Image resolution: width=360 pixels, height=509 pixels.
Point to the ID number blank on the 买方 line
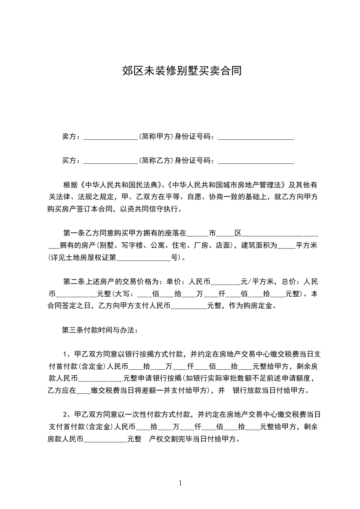(256, 160)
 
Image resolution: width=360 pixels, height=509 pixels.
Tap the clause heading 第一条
(73, 234)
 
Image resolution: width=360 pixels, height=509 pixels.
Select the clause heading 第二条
(73, 282)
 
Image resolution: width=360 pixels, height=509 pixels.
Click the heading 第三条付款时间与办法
(97, 330)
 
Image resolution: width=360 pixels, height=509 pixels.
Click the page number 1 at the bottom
(180, 483)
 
